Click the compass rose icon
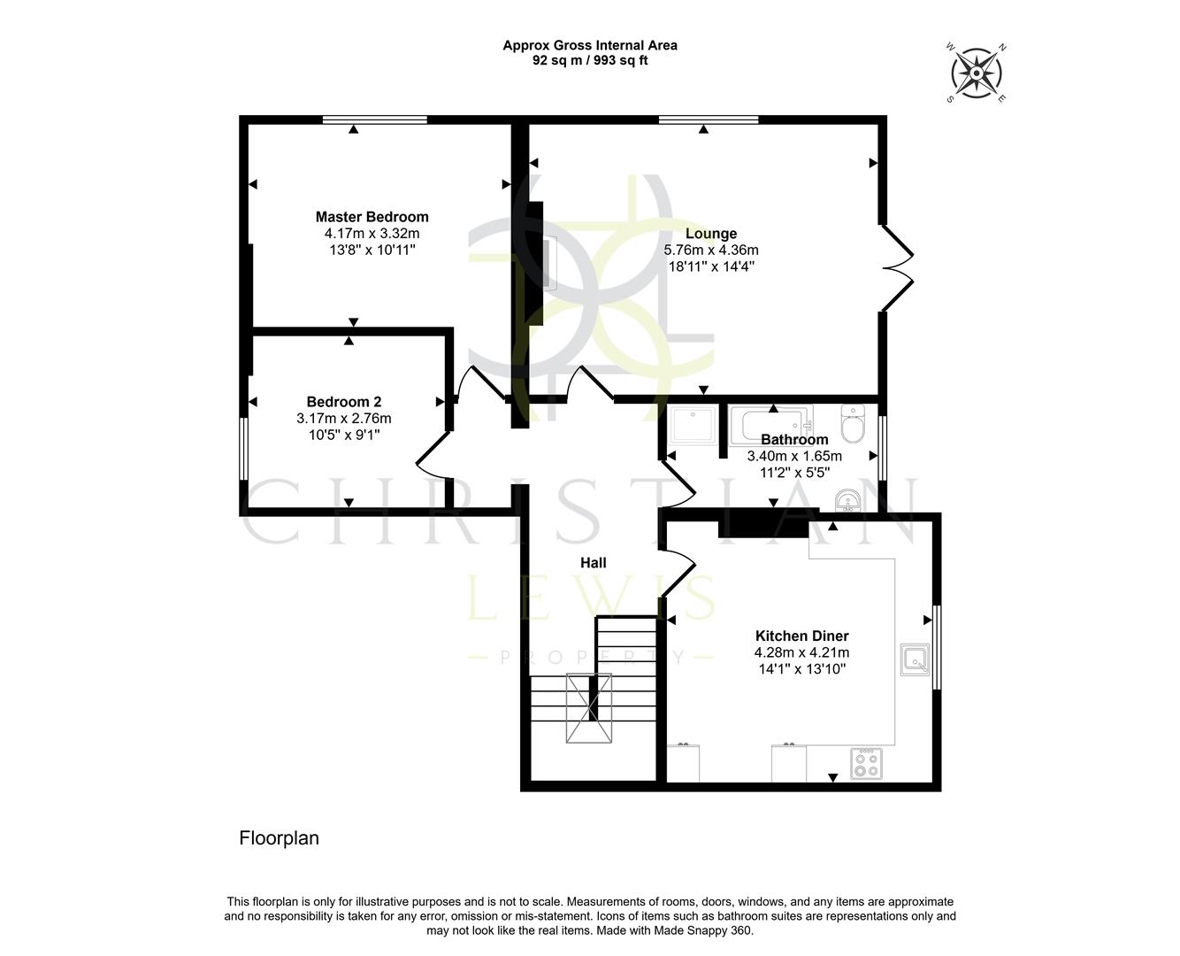(977, 73)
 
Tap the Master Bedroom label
(372, 217)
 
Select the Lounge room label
(711, 234)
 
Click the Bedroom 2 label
(344, 402)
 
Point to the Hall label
(593, 563)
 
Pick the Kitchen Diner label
(801, 636)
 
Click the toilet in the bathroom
(853, 425)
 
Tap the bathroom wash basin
(849, 502)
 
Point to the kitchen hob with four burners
(865, 764)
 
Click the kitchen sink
(915, 659)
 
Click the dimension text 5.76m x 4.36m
(711, 251)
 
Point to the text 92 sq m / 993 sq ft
(590, 61)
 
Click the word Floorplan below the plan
(279, 837)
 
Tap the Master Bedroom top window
(375, 119)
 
